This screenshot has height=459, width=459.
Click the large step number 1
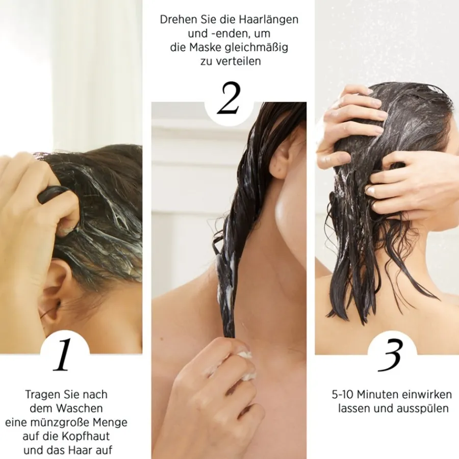point(63,354)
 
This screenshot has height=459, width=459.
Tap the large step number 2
point(228,98)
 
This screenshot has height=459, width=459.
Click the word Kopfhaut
point(86,436)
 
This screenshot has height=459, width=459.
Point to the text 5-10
point(343,395)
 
